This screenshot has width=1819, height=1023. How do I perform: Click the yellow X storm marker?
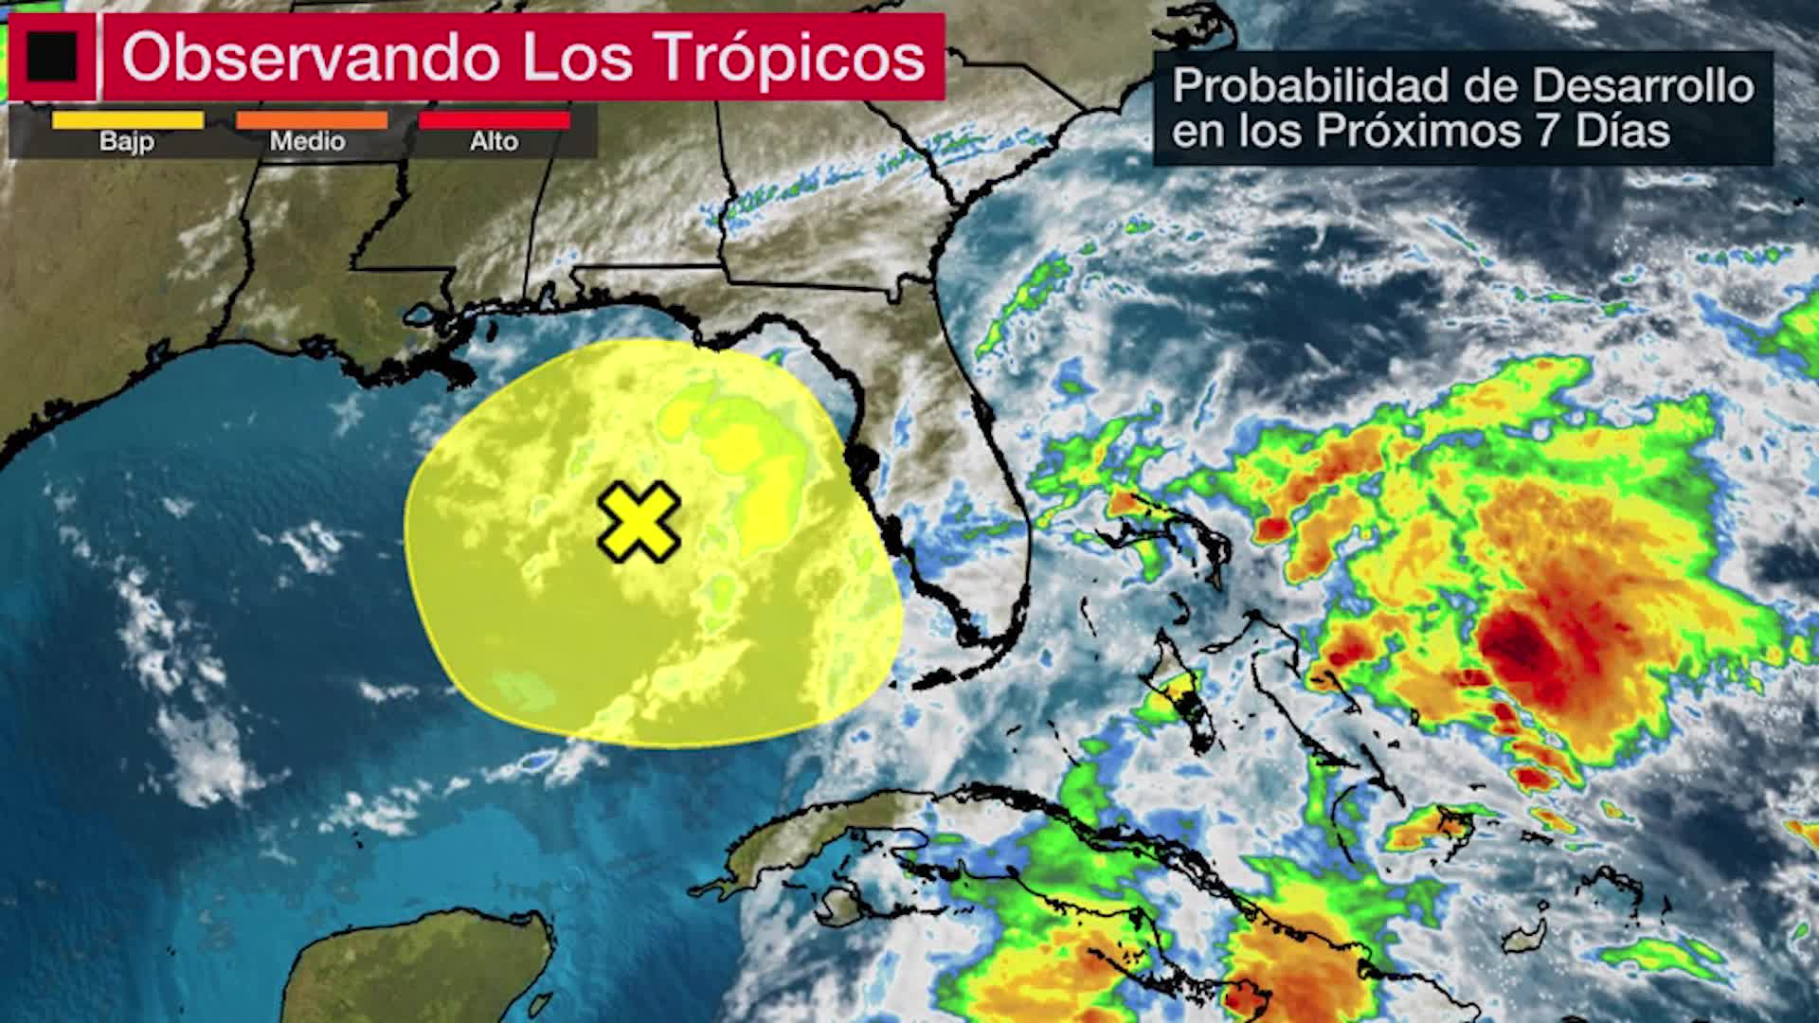click(639, 521)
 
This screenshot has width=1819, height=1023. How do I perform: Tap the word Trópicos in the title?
click(790, 57)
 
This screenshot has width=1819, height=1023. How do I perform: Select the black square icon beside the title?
click(52, 57)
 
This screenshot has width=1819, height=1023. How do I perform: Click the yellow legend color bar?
click(127, 120)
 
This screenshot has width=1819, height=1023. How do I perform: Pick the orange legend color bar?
click(312, 120)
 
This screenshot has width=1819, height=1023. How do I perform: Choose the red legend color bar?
click(494, 120)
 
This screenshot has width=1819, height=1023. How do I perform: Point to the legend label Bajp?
click(127, 142)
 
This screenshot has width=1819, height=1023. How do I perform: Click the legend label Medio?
click(307, 142)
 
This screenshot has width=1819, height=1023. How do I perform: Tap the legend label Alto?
click(494, 142)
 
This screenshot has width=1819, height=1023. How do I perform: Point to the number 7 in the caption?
click(1547, 131)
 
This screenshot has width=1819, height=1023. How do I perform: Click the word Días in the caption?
click(1623, 131)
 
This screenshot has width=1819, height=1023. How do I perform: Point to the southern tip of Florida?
click(985, 654)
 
